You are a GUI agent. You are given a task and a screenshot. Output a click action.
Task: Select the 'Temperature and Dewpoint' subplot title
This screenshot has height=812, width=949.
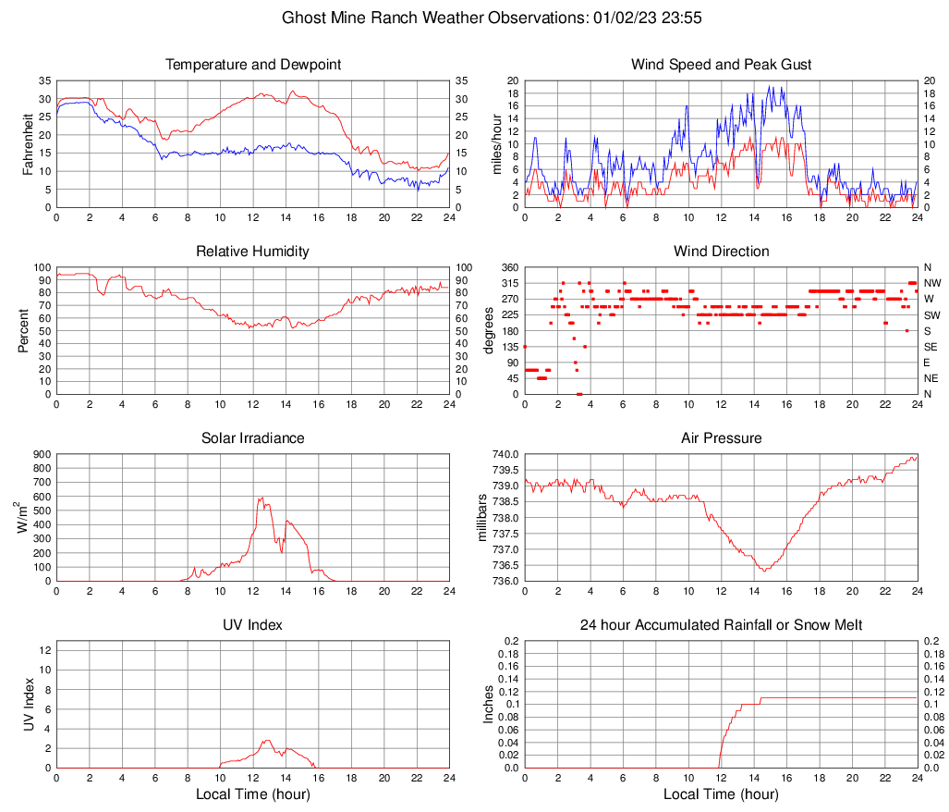click(253, 65)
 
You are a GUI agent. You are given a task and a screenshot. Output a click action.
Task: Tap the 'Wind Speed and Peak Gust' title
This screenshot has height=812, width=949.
click(721, 65)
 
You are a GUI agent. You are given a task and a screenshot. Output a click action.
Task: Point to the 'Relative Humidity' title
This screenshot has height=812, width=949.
click(253, 252)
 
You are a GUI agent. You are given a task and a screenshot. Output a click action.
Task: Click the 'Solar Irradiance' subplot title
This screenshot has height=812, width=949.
click(253, 438)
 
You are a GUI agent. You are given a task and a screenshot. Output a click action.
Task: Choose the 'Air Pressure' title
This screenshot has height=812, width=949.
click(721, 438)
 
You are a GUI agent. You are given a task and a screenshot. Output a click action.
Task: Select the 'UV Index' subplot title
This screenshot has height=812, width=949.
click(253, 625)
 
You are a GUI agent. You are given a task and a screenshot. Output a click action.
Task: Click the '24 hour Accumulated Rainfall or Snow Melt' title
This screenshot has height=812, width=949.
click(721, 625)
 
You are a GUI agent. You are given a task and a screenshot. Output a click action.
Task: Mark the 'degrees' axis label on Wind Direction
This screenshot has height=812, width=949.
click(489, 331)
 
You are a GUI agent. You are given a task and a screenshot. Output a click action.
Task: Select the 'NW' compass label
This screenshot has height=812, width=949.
click(932, 283)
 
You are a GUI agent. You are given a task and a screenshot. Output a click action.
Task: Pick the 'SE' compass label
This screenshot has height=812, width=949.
click(931, 347)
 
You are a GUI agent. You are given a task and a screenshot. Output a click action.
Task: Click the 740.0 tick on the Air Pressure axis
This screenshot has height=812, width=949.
click(504, 454)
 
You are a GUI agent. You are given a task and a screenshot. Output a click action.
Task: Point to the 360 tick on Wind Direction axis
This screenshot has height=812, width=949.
click(508, 267)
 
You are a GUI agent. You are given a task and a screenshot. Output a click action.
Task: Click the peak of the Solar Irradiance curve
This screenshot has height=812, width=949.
click(260, 498)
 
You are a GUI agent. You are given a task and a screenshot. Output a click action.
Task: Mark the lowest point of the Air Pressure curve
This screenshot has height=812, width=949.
click(764, 571)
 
